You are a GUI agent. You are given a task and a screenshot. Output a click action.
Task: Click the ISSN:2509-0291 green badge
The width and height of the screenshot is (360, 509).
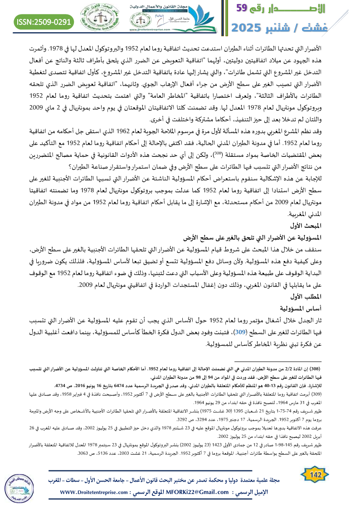click(44, 21)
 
